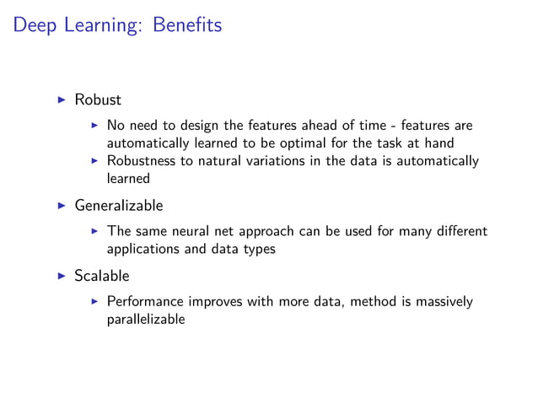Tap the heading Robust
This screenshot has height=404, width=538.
point(98,100)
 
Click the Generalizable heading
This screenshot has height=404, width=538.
point(118,205)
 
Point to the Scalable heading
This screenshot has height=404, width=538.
point(103,275)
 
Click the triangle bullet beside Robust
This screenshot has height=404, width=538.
point(61,100)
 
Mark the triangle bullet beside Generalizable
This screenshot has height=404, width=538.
point(61,205)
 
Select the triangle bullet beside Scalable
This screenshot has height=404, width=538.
point(61,275)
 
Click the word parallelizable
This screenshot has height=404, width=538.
point(145,320)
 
